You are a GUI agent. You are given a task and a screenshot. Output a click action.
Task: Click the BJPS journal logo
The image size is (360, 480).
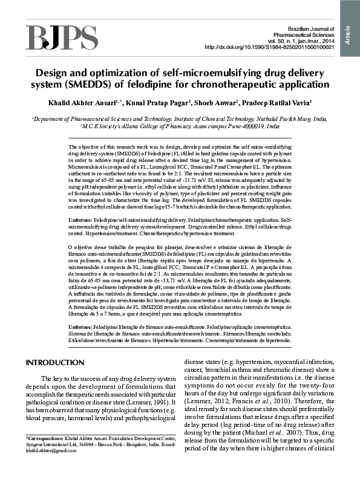pyautogui.click(x=53, y=37)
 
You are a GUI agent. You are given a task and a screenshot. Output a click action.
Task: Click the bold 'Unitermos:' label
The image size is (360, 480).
pyautogui.click(x=83, y=327)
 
